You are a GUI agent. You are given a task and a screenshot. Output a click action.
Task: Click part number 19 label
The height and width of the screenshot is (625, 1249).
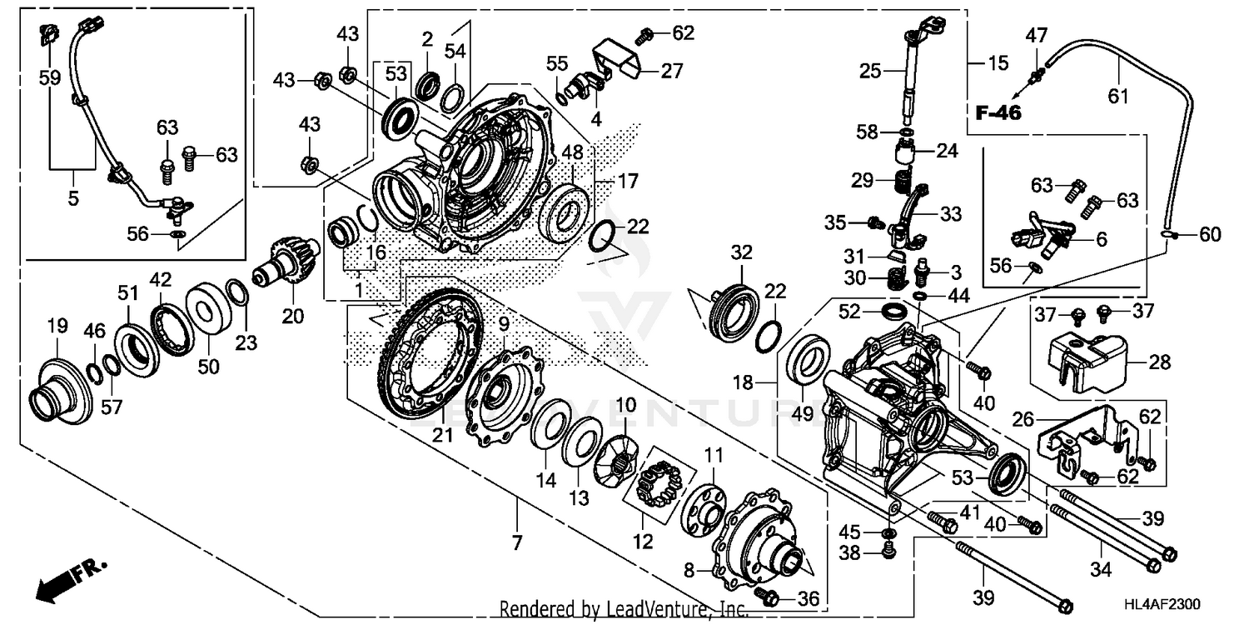(x=57, y=326)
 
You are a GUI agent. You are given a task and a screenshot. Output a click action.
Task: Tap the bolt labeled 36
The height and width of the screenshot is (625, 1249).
(x=769, y=597)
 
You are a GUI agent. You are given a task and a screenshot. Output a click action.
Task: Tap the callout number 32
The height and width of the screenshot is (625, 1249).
(x=741, y=252)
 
